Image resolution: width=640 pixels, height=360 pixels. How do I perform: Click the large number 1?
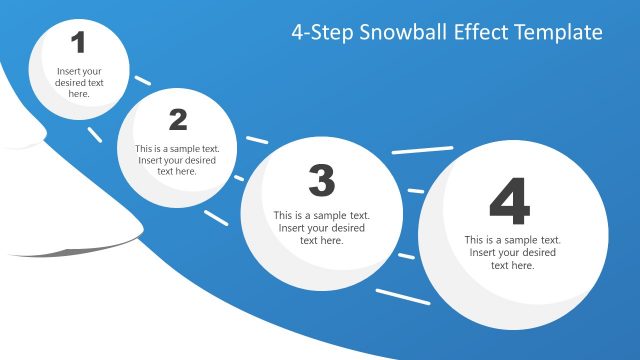pyautogui.click(x=79, y=42)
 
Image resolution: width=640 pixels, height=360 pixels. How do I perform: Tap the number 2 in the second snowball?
pyautogui.click(x=178, y=120)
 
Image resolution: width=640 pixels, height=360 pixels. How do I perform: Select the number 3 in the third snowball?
pyautogui.click(x=321, y=181)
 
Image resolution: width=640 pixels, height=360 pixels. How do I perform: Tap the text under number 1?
pyautogui.click(x=79, y=83)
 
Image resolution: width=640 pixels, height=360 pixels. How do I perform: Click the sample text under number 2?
pyautogui.click(x=177, y=160)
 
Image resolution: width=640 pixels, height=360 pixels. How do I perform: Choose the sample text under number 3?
pyautogui.click(x=321, y=227)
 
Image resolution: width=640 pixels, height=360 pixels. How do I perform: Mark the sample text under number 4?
pyautogui.click(x=512, y=252)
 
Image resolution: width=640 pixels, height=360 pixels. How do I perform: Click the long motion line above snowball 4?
pyautogui.click(x=422, y=150)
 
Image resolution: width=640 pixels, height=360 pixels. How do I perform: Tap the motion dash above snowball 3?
pyautogui.click(x=257, y=139)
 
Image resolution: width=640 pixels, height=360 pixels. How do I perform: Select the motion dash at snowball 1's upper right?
pyautogui.click(x=142, y=78)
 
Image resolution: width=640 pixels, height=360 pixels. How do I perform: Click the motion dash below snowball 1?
pyautogui.click(x=94, y=133)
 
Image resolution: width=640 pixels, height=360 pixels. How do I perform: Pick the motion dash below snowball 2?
pyautogui.click(x=216, y=215)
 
